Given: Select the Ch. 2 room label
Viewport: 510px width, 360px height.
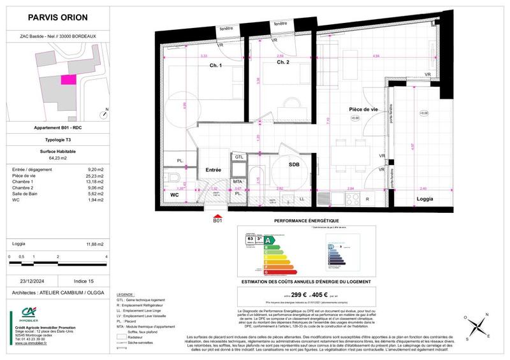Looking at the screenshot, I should [x=283, y=62].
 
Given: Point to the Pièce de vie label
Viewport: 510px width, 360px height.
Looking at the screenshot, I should [x=363, y=110].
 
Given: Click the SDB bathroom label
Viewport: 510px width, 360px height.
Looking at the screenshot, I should [x=294, y=164].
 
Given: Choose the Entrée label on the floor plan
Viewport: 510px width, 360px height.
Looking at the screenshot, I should [x=213, y=170].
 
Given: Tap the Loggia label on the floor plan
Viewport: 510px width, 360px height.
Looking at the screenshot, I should [x=425, y=199].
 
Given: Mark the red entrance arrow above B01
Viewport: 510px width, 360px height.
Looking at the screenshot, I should [x=218, y=215].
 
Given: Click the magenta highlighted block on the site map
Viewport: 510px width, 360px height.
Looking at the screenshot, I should [x=67, y=80].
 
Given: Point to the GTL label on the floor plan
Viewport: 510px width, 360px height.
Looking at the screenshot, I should [x=239, y=156].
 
